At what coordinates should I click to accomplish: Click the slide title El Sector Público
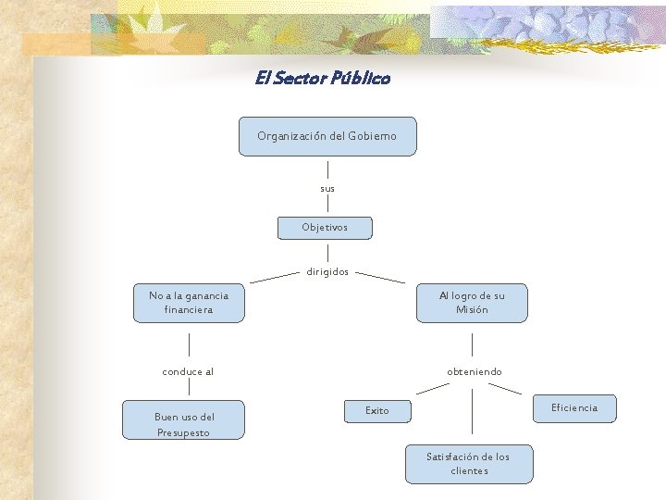coord(323,78)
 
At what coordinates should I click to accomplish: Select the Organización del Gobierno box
coord(327,136)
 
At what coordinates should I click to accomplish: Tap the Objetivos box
coord(325,228)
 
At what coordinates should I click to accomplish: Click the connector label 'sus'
coord(327,189)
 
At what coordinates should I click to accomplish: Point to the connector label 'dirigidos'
coord(327,271)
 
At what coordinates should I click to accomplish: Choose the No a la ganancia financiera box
coord(189,303)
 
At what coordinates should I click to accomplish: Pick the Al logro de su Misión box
coord(472,303)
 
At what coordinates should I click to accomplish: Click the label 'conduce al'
coord(188,372)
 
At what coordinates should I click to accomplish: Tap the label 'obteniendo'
coord(475,372)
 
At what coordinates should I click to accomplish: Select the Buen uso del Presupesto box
coord(183,419)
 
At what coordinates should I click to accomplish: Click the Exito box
coord(377,411)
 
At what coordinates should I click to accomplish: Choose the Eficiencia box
coord(574,408)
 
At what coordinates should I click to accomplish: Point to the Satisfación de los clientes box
coord(469,464)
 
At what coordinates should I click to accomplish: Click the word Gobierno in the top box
coord(372,136)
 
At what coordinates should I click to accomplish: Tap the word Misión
coord(472,309)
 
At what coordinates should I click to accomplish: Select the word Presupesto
coord(183,432)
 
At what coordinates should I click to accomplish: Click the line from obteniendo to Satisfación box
coord(472,411)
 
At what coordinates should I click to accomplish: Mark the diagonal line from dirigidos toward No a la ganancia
coord(275,278)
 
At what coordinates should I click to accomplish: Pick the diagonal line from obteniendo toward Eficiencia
coord(505,389)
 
